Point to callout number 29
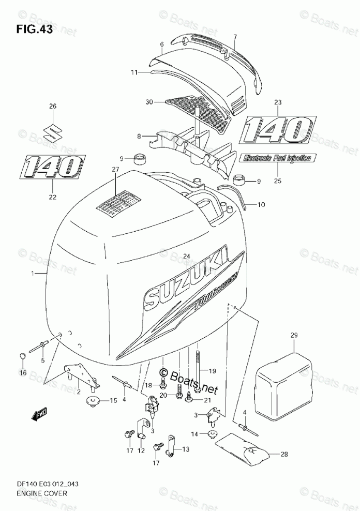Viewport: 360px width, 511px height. (x=294, y=336)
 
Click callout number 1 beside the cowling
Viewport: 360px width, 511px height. (x=33, y=273)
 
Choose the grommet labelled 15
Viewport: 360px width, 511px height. (x=94, y=400)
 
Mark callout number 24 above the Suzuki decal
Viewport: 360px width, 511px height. (x=187, y=255)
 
